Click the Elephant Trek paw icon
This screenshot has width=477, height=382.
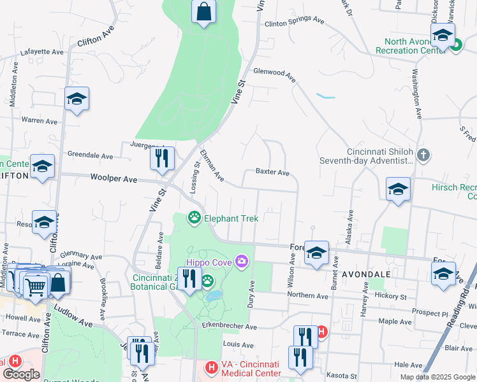pyautogui.click(x=194, y=218)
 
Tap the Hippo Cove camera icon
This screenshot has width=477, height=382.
pyautogui.click(x=242, y=261)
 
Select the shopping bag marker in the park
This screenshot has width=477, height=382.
pyautogui.click(x=203, y=11)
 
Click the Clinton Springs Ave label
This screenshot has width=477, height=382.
pyautogui.click(x=294, y=21)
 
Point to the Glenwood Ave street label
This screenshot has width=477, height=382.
pyautogui.click(x=275, y=75)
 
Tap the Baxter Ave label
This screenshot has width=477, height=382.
pyautogui.click(x=272, y=173)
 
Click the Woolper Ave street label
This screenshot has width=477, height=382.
pyautogui.click(x=114, y=180)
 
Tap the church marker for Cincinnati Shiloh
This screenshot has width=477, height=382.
pyautogui.click(x=423, y=154)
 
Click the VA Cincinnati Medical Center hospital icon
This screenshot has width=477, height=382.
pyautogui.click(x=211, y=368)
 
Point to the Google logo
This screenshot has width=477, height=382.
pyautogui.click(x=21, y=374)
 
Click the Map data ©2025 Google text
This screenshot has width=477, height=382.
pyautogui.click(x=437, y=377)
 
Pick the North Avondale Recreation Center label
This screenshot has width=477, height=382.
pyautogui.click(x=410, y=46)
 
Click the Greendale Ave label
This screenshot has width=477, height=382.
pyautogui.click(x=90, y=155)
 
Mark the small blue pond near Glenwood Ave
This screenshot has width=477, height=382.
pyautogui.click(x=325, y=97)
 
